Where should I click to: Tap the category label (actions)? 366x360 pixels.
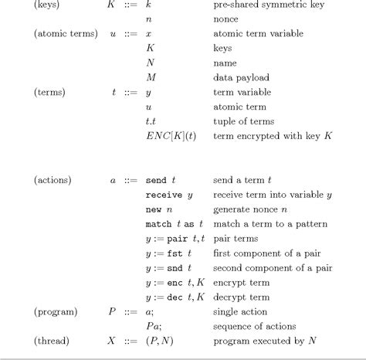click(x=53, y=181)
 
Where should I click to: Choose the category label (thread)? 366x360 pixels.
click(x=51, y=341)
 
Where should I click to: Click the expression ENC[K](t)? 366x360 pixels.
click(x=171, y=136)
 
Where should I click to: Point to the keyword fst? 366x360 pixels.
click(x=176, y=253)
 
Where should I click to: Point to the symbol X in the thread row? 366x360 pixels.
click(x=113, y=341)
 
